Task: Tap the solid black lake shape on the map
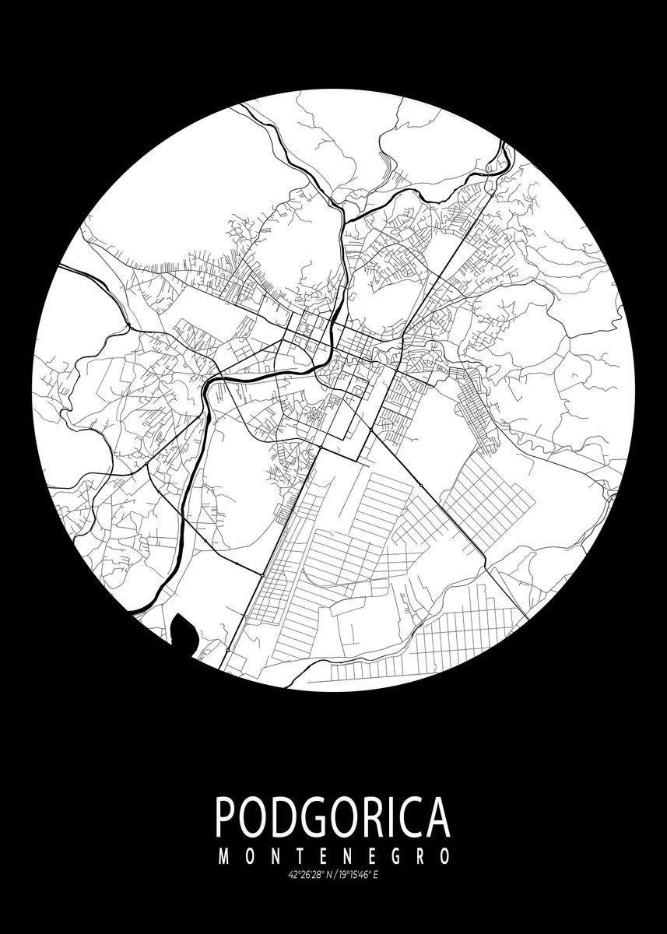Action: point(184,628)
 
